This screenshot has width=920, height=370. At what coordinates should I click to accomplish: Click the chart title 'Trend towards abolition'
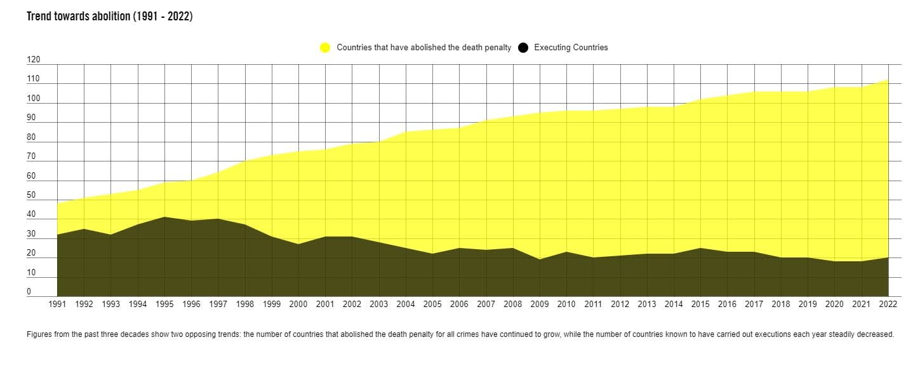(109, 17)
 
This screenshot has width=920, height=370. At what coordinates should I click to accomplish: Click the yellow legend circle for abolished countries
(325, 48)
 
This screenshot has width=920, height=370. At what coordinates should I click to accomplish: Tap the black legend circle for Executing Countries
(523, 48)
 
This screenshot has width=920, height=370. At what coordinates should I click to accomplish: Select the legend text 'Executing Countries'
(571, 48)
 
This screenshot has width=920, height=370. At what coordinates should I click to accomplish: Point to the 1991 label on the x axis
(57, 305)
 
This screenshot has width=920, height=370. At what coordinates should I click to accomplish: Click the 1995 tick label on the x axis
(164, 305)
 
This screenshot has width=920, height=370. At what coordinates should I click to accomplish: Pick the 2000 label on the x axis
(298, 305)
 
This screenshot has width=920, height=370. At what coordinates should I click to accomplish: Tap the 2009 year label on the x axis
(540, 305)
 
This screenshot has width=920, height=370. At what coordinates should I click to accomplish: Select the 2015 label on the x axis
(700, 305)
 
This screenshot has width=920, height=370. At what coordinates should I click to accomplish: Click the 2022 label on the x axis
(888, 305)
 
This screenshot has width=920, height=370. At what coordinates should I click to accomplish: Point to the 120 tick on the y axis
(33, 60)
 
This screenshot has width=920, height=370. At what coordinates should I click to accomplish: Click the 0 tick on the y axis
(29, 292)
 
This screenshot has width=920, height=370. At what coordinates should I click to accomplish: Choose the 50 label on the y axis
(31, 196)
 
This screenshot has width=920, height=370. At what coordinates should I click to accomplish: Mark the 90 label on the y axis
(31, 118)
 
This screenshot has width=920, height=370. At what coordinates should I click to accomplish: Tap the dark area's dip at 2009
(540, 259)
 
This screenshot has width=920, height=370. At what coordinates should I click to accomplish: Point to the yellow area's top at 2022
(888, 80)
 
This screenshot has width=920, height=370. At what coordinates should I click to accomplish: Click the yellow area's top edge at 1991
(58, 203)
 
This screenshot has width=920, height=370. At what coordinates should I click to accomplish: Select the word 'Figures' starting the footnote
(39, 334)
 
